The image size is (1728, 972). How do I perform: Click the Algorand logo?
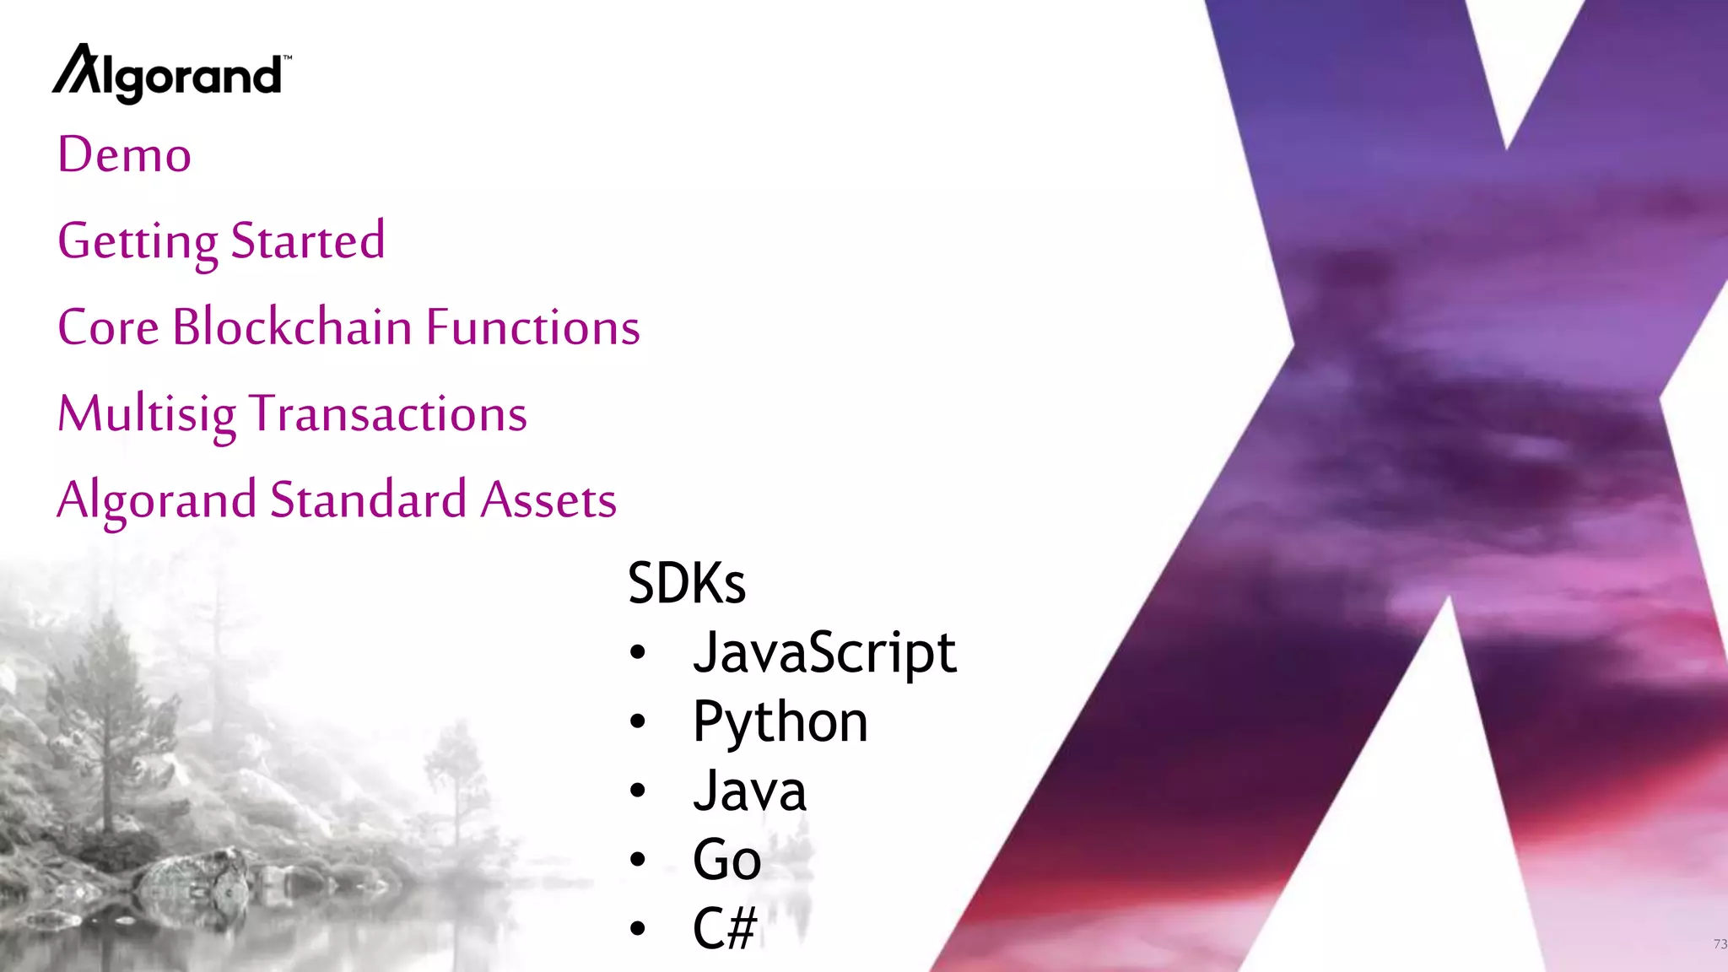(171, 74)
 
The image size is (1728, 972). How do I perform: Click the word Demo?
(125, 155)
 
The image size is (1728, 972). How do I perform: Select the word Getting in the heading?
(138, 242)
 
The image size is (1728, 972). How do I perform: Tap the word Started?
(308, 240)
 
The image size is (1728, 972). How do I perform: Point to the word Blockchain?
(292, 327)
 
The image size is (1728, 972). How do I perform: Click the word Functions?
(532, 327)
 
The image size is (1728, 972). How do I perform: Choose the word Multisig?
(147, 414)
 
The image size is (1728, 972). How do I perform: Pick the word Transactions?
(389, 414)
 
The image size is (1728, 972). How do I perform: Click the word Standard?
(368, 499)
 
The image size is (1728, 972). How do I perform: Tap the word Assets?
(548, 499)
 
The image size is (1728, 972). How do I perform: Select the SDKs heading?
(687, 583)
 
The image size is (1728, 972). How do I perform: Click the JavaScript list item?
(824, 653)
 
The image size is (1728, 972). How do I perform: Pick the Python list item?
(780, 722)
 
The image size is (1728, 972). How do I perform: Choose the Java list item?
(749, 791)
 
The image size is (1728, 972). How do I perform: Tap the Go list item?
(726, 860)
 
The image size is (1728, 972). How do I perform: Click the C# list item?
(725, 928)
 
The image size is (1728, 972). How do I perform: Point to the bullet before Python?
(638, 721)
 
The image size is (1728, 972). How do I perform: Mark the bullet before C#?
(638, 929)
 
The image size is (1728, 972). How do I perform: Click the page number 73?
(1720, 944)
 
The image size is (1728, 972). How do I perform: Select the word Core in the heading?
(108, 327)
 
